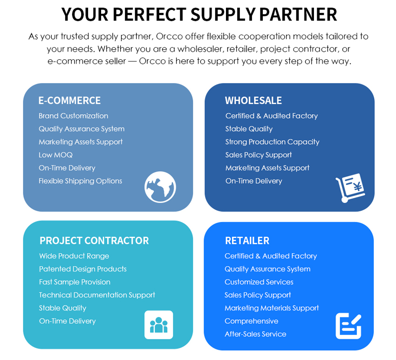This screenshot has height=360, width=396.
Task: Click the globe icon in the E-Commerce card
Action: click(160, 187)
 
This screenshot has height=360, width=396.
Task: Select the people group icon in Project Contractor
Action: click(158, 325)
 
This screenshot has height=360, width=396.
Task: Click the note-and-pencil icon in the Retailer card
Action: click(348, 326)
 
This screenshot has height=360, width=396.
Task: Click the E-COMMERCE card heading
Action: click(69, 100)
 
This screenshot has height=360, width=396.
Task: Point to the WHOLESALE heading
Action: click(253, 100)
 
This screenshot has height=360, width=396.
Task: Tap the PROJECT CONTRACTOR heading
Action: click(94, 241)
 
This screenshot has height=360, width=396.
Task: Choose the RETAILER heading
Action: click(247, 241)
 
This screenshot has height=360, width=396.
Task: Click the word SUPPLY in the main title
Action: click(223, 14)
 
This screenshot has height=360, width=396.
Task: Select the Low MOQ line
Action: click(55, 155)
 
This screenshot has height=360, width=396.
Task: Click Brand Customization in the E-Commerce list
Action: click(73, 116)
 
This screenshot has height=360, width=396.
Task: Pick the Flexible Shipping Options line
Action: click(80, 181)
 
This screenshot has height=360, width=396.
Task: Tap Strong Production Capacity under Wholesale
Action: click(272, 142)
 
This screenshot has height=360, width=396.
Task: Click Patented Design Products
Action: click(83, 269)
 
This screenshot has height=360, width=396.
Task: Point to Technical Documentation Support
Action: click(97, 295)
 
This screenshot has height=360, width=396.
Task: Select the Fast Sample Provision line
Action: click(75, 282)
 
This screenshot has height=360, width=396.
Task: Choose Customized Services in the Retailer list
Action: click(259, 282)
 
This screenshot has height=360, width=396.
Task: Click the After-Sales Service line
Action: click(255, 334)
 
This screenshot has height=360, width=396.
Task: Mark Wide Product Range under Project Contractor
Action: click(74, 256)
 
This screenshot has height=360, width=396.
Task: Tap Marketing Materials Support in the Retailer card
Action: click(272, 308)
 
